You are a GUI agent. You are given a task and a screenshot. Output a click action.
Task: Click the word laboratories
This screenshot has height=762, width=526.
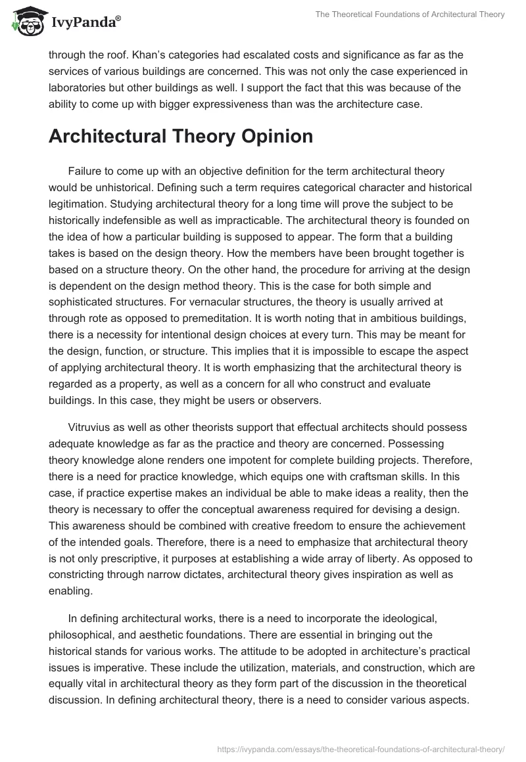[80, 87]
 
